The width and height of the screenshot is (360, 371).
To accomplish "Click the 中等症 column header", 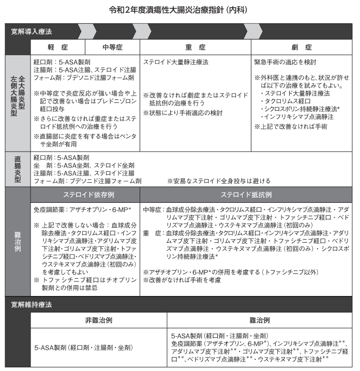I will click(112, 47).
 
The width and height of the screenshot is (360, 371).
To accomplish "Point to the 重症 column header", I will click(196, 47).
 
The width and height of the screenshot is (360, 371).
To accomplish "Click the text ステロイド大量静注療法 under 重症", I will click(176, 62).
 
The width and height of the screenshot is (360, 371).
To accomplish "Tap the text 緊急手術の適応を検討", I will click(285, 62).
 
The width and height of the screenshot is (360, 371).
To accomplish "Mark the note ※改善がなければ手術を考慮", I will click(182, 280).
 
